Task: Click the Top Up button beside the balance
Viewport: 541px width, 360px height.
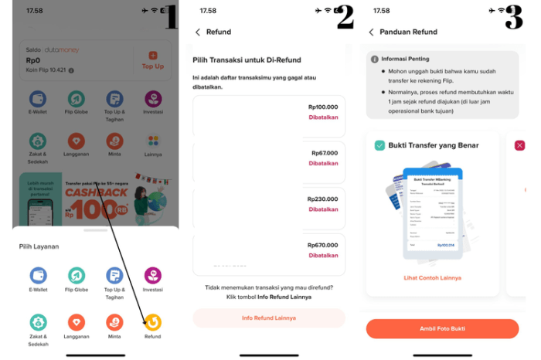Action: point(152,60)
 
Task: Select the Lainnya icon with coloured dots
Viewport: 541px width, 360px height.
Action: point(153,141)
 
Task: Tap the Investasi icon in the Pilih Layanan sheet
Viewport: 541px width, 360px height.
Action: point(153,276)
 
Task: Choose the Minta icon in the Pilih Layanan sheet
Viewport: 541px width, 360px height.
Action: point(114,321)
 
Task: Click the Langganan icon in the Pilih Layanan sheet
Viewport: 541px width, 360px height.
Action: point(76,321)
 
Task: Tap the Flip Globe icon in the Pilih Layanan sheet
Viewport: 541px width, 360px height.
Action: point(76,276)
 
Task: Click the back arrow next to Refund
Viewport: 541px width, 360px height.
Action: point(198,32)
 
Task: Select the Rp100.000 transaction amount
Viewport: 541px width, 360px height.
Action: point(322,107)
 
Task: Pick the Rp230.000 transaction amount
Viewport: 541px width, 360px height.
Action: point(322,199)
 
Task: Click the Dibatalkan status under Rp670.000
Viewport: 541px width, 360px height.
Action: point(323,255)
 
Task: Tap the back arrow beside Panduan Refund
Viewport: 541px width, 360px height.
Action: point(371,32)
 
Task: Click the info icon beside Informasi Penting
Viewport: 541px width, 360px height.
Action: point(375,59)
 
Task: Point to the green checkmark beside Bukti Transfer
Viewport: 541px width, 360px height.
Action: point(379,145)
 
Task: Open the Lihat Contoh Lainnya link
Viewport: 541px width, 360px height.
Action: point(432,277)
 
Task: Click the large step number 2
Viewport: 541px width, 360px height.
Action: point(345,17)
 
